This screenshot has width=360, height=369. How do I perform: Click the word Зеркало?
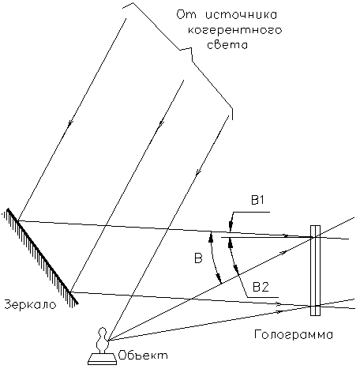pyautogui.click(x=31, y=304)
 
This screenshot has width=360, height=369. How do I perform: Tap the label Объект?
pyautogui.click(x=143, y=356)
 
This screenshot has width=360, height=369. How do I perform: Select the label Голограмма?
pyautogui.click(x=294, y=334)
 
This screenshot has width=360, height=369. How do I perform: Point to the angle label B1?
pyautogui.click(x=257, y=201)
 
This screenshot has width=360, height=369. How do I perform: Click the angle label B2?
pyautogui.click(x=261, y=287)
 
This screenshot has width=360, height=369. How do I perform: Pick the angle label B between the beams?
pyautogui.click(x=198, y=258)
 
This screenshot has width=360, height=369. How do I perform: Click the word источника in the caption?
pyautogui.click(x=241, y=15)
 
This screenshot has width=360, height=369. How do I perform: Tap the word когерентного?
pyautogui.click(x=234, y=30)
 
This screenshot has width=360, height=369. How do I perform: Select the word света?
pyautogui.click(x=227, y=45)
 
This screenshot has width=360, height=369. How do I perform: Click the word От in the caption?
pyautogui.click(x=186, y=15)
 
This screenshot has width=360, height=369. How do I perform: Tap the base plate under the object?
pyautogui.click(x=102, y=360)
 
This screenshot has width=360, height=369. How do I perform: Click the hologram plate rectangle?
pyautogui.click(x=315, y=270)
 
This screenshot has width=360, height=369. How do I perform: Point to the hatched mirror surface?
pyautogui.click(x=41, y=257)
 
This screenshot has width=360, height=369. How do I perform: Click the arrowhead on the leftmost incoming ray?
pyautogui.click(x=70, y=123)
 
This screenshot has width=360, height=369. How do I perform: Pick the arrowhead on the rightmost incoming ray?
pyautogui.click(x=197, y=173)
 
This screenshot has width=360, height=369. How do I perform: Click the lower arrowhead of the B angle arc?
pyautogui.click(x=219, y=278)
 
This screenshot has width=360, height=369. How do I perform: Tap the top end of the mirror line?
pyautogui.click(x=8, y=209)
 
